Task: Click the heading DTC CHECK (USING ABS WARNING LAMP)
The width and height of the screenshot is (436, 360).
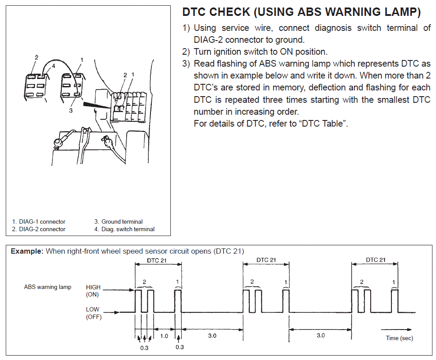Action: point(301,12)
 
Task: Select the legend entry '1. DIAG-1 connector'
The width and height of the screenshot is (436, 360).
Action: point(39,222)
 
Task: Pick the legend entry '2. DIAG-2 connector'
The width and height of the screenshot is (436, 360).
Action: point(39,229)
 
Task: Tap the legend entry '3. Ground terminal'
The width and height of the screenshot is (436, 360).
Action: point(118,222)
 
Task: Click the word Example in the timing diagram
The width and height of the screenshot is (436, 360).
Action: point(27,251)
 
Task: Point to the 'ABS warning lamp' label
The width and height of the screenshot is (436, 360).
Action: point(48,287)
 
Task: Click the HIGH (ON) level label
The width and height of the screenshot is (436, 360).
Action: point(93,291)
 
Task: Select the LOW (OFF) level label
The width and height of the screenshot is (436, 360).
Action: point(93,313)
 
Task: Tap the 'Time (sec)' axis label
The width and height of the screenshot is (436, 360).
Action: point(399,338)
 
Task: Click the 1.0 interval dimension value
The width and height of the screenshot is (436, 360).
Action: point(164,336)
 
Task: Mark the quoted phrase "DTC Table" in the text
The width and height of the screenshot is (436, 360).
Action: point(322,124)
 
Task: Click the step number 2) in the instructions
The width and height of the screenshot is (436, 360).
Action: point(187,52)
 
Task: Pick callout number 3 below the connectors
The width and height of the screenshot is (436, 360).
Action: point(71,111)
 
